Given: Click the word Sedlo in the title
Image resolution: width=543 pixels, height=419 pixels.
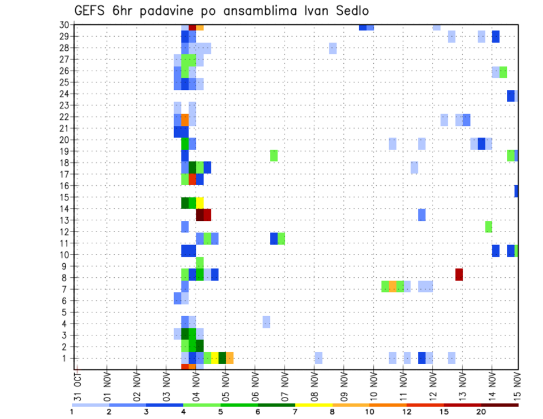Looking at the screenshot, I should point(353,11).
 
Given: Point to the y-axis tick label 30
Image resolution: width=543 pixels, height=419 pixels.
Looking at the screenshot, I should point(64,25).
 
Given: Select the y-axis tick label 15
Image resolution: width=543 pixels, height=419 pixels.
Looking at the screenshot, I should point(64,198).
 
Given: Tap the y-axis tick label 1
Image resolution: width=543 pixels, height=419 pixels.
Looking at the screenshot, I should point(67,359).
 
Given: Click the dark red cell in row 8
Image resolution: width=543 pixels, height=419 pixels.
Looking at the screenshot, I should point(459,274).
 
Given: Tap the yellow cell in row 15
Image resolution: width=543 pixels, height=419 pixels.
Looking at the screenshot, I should point(200,203).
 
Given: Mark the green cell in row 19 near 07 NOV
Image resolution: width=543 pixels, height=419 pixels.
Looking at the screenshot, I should point(274,155).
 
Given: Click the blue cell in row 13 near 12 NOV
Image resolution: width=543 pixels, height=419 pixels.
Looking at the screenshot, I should point(421,215).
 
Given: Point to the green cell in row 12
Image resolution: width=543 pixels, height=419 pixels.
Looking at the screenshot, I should point(489,226).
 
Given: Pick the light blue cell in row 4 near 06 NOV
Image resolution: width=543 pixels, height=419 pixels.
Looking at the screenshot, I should point(266,322).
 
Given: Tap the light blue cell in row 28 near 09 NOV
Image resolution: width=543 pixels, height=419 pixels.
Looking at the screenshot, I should point(333,49).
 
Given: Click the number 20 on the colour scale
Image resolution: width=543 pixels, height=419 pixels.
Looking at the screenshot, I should point(481,411).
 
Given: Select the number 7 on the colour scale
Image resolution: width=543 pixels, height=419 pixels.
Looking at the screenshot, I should point(295,411).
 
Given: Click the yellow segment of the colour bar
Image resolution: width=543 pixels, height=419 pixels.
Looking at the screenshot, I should point(313,405).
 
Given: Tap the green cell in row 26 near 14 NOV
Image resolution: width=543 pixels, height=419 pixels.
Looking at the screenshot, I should point(503,72).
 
